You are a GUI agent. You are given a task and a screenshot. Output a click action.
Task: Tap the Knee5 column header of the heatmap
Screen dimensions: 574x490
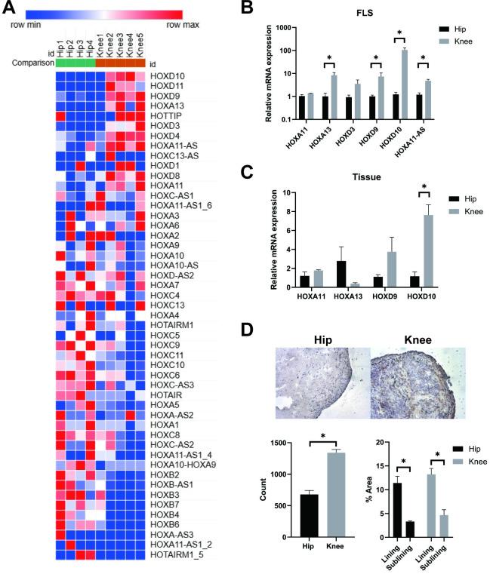[x=140, y=51]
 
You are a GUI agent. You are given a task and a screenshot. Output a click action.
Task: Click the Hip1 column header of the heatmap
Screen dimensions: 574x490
[x=62, y=51]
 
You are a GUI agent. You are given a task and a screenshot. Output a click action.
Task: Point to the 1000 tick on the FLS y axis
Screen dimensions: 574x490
[x=285, y=27]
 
